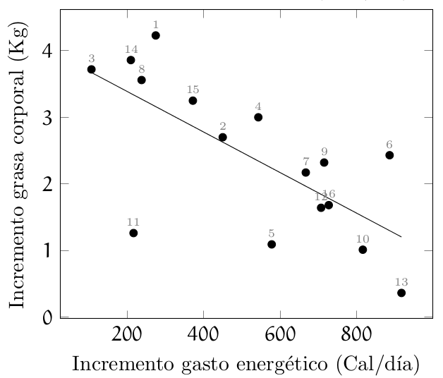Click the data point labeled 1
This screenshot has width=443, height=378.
click(156, 35)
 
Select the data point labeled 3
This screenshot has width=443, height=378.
click(91, 69)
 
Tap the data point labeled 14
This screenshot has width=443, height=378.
click(131, 60)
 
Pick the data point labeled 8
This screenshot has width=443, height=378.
click(141, 80)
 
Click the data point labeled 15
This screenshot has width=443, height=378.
click(193, 100)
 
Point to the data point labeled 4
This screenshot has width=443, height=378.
click(258, 117)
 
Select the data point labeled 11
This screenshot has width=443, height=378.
click(133, 233)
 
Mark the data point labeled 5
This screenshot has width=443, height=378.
click(272, 244)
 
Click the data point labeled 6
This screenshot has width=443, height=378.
click(389, 155)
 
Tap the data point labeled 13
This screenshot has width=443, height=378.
click(401, 293)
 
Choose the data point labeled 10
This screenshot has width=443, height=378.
click(363, 250)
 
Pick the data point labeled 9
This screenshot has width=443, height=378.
click(324, 162)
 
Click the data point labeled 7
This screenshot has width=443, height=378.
click(305, 172)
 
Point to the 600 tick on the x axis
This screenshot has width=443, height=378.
click(280, 317)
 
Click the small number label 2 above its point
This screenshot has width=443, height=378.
click(223, 126)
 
